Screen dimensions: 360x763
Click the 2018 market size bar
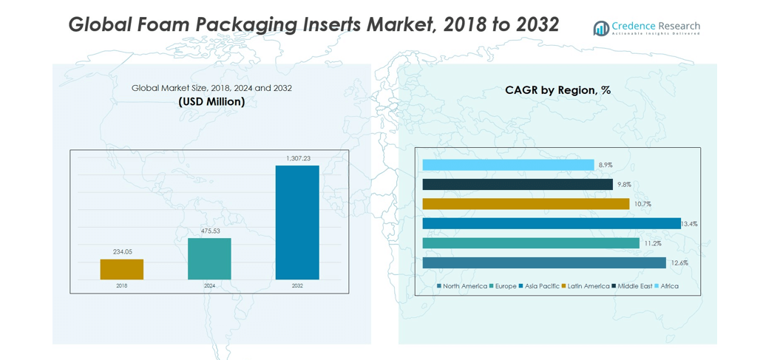(122, 269)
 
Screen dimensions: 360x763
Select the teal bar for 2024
(209, 259)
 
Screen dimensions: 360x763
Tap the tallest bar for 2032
(297, 223)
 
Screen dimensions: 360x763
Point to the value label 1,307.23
(298, 158)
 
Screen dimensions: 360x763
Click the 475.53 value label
(210, 231)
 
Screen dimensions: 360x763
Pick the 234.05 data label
(122, 252)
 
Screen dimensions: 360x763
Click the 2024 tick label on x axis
(210, 285)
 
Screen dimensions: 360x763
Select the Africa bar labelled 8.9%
(508, 165)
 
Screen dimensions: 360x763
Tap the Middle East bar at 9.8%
(518, 184)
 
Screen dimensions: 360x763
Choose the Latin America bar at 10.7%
(526, 204)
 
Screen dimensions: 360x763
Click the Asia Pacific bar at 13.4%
(552, 223)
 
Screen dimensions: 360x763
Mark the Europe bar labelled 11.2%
(531, 243)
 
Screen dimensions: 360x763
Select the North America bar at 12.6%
(544, 262)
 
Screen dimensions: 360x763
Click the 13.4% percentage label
(689, 223)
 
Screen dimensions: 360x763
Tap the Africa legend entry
(668, 286)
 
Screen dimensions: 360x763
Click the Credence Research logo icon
(601, 28)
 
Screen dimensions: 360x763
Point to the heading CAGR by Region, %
(557, 90)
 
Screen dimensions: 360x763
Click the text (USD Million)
(211, 101)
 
